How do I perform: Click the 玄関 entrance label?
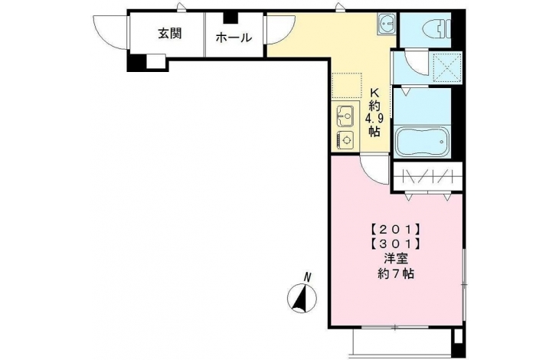point(170,34)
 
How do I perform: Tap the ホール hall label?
point(234,37)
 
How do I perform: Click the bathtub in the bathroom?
point(423,142)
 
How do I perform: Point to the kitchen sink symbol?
point(345,116)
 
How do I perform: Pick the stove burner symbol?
point(345,139)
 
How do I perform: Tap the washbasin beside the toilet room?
point(387,25)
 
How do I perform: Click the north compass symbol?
point(302,298)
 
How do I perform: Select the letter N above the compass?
point(307,277)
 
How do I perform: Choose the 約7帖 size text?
point(396,273)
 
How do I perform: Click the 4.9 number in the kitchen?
point(374,118)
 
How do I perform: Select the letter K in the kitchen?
point(374,93)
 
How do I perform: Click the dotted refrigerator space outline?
point(347,86)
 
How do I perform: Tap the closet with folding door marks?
point(427,176)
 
